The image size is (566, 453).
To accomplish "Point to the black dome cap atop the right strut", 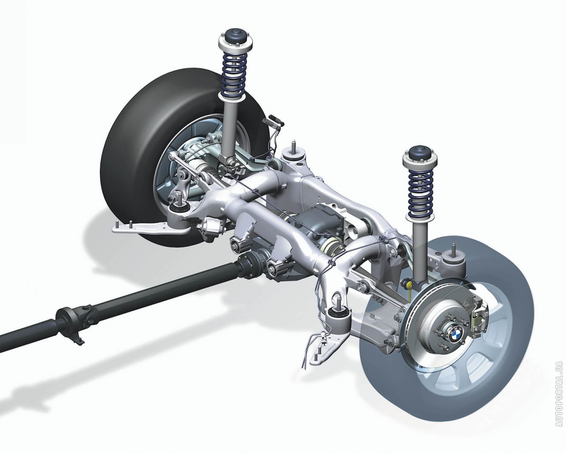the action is tap(420, 154).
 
